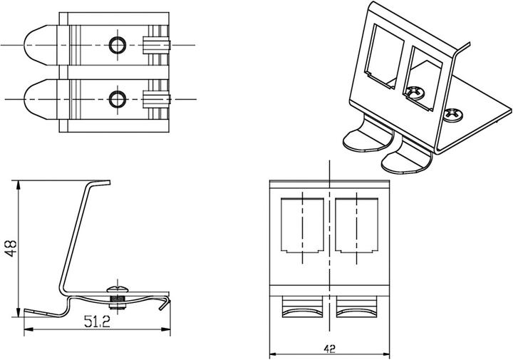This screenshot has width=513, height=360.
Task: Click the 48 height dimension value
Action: pos(10,247)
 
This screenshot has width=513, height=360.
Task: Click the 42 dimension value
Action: pos(328,349)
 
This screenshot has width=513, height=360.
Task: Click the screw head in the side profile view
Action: pos(116,289)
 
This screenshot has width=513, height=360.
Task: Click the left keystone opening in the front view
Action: pos(303,226)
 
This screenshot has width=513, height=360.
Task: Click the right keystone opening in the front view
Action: pos(356,226)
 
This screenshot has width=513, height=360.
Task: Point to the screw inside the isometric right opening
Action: pos(413,91)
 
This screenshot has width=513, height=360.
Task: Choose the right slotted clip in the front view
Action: pos(356,308)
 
